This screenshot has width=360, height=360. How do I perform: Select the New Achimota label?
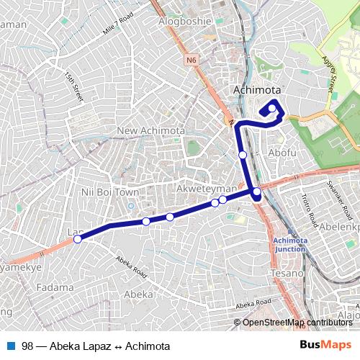click(x=151, y=130)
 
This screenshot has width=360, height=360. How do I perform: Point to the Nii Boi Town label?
click(x=110, y=192)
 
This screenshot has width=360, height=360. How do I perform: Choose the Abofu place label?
click(x=282, y=153)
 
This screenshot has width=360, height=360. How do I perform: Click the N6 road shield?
click(x=190, y=60)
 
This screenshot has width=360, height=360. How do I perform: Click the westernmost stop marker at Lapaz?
click(x=77, y=240)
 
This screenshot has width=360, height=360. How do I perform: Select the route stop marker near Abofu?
click(x=243, y=155)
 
